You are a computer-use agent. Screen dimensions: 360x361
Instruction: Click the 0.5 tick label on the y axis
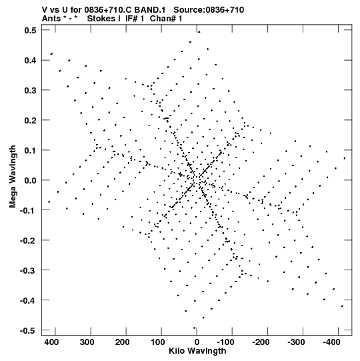click(31, 30)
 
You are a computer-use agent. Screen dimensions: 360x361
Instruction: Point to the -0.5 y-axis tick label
click(28, 330)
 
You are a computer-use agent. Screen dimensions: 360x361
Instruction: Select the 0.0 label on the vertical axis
click(31, 180)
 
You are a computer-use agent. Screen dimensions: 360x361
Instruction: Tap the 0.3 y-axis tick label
click(31, 90)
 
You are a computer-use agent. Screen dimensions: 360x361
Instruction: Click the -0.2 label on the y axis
click(28, 240)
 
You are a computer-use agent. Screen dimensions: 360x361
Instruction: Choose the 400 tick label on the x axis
click(51, 342)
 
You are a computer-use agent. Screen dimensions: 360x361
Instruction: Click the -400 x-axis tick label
click(331, 342)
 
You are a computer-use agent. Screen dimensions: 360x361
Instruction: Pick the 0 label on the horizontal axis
click(197, 342)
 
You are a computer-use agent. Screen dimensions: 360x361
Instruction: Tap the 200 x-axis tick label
click(122, 342)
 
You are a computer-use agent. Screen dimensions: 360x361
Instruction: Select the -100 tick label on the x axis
click(225, 342)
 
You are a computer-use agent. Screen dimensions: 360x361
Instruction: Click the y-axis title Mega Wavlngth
click(13, 177)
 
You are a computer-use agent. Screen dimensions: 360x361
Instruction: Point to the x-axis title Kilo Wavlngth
click(197, 350)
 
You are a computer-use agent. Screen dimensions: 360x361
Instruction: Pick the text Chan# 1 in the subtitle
click(166, 19)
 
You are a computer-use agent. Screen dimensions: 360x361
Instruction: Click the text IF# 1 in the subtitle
click(135, 19)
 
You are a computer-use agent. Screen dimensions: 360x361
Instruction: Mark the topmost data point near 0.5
click(199, 32)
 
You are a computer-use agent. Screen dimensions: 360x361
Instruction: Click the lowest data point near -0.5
click(195, 328)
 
